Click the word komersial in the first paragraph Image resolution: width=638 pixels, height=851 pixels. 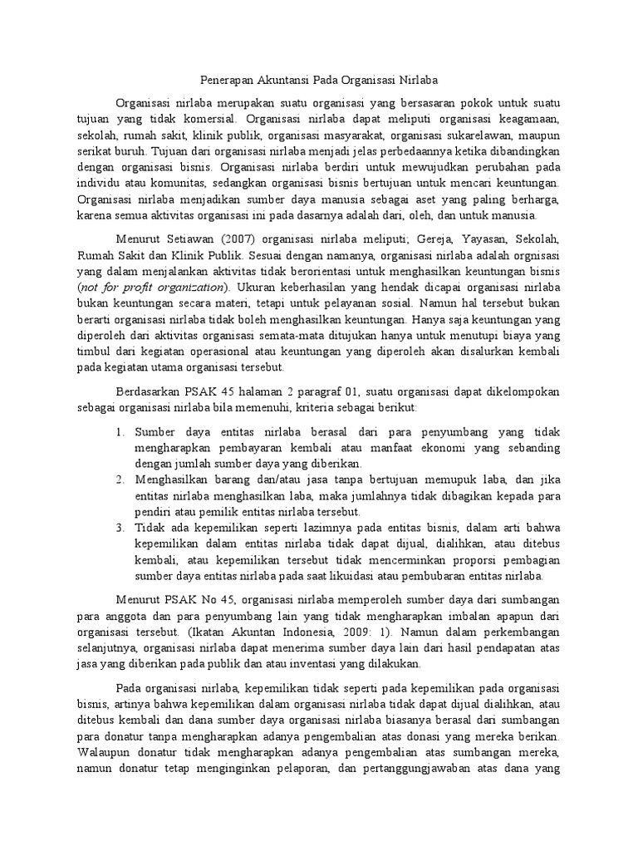(x=206, y=120)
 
